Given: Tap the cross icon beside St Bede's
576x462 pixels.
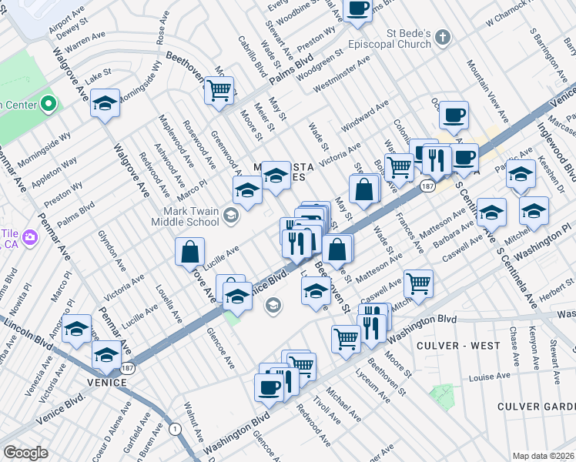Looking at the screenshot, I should (443, 36).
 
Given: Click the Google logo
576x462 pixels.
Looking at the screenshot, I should (25, 453).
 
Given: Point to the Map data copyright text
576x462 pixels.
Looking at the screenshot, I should (543, 455).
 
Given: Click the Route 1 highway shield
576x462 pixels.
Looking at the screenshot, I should (176, 428).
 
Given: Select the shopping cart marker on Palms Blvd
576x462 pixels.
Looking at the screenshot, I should (219, 91).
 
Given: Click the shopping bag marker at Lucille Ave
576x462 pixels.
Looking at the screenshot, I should (189, 252).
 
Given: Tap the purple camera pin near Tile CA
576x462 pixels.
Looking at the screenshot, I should (29, 236).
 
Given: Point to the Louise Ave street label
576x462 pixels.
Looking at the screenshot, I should (491, 377).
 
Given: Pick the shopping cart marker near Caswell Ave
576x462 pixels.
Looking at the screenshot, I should (418, 284).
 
